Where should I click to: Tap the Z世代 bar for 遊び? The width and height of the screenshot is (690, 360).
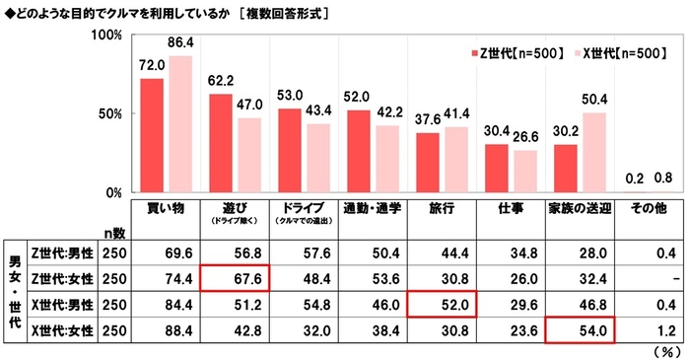tap(220, 143)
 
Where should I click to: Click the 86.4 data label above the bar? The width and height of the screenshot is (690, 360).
tap(179, 45)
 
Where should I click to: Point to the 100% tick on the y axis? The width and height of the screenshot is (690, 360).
tap(107, 35)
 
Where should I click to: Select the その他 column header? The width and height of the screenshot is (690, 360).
tap(649, 209)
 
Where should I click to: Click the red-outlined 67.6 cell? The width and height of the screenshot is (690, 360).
tap(235, 278)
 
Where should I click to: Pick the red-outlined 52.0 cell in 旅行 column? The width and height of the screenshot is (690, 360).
tap(442, 304)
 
